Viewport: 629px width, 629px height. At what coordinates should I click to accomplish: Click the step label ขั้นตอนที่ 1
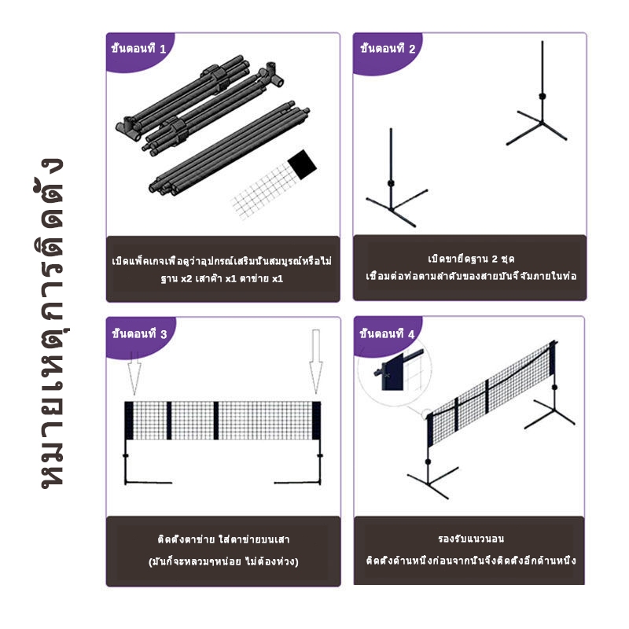click(x=138, y=49)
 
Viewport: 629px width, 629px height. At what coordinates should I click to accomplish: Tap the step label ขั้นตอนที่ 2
click(x=388, y=49)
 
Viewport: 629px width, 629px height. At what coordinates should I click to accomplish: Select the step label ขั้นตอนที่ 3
click(x=139, y=333)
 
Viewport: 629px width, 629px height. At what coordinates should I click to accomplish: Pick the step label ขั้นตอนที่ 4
click(x=387, y=333)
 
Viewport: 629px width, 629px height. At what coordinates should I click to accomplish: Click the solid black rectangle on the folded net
click(x=302, y=164)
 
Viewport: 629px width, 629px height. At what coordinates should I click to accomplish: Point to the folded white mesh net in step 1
click(x=264, y=189)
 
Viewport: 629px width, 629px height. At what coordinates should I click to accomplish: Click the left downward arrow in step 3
click(x=134, y=373)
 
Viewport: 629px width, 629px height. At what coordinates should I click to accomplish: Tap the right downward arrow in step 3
click(x=316, y=362)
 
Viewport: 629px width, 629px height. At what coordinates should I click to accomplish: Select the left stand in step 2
click(x=395, y=178)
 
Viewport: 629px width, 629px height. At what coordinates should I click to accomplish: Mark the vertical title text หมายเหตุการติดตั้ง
click(x=52, y=323)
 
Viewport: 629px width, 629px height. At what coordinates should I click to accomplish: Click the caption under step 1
click(x=222, y=270)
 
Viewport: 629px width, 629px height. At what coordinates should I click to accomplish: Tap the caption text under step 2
click(x=471, y=267)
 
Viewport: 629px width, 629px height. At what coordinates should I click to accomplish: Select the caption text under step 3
click(x=223, y=550)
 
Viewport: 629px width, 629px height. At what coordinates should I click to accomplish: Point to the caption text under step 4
click(x=471, y=549)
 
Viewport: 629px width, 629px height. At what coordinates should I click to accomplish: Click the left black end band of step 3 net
click(x=129, y=421)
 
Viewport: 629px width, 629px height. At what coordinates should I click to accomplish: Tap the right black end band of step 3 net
click(x=317, y=421)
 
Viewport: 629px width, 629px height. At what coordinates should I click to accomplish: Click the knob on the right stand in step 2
click(x=543, y=96)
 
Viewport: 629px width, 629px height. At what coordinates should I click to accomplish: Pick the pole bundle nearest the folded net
click(x=229, y=148)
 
